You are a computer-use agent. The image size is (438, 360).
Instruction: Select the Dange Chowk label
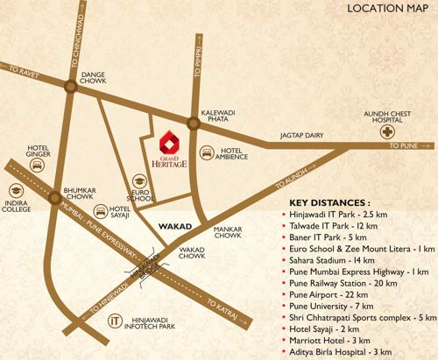93,79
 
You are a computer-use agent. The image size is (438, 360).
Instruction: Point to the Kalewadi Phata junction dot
191,124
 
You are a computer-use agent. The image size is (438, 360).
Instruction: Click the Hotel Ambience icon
207,153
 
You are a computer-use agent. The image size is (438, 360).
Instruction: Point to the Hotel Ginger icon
38,165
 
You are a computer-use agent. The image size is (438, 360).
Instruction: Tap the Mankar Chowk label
227,231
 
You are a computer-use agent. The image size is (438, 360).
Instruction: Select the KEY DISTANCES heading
329,201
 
